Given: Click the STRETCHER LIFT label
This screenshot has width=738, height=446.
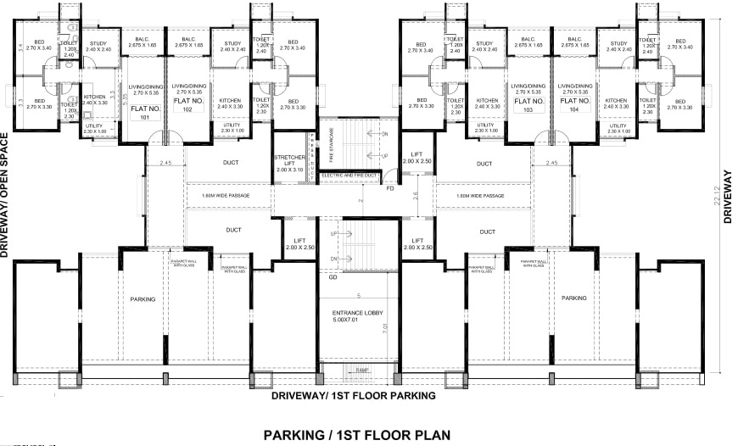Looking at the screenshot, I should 294,164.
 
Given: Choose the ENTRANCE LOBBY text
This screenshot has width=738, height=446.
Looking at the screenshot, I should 361,319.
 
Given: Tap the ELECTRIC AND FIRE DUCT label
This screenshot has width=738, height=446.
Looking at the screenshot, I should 349,176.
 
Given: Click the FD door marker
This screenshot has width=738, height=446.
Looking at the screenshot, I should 389,188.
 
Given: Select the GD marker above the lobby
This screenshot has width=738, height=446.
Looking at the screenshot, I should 333,277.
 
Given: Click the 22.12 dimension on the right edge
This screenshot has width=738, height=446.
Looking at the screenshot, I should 717,200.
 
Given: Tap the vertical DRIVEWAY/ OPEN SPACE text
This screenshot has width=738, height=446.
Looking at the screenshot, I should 5,195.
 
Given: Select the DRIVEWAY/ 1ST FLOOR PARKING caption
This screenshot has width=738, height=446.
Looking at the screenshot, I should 353,395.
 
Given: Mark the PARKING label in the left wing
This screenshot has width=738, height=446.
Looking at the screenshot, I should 143,298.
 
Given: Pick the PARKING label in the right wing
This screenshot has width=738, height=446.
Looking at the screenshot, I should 573,298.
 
